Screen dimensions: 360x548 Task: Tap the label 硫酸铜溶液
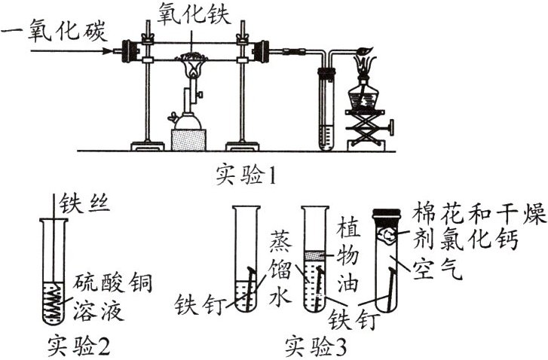[x=113, y=297]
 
